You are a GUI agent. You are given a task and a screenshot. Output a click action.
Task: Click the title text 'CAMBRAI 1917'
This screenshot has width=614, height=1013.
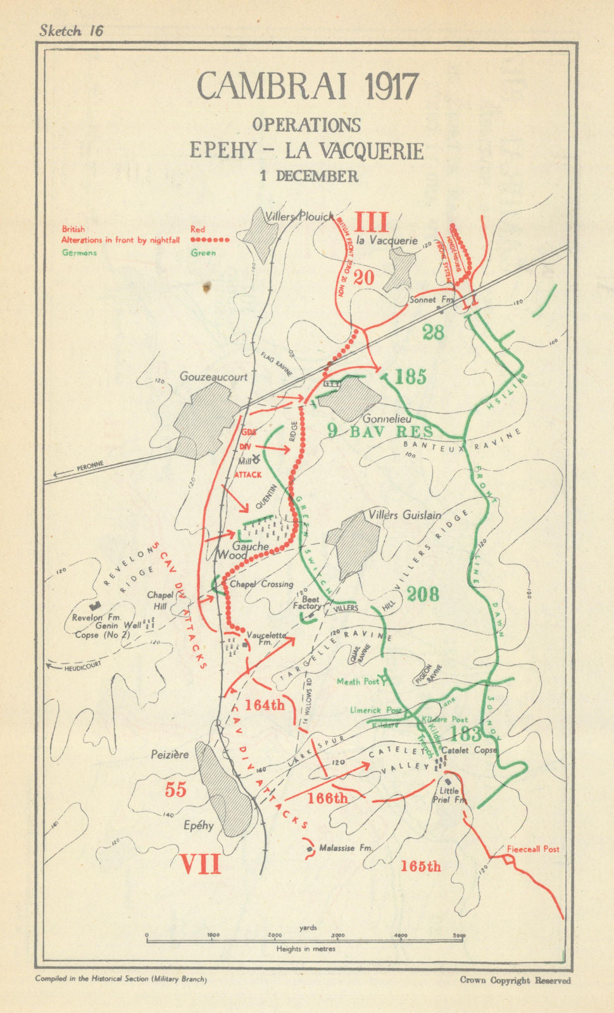point(308,86)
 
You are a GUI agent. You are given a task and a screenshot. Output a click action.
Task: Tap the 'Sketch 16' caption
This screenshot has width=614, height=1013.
point(71,30)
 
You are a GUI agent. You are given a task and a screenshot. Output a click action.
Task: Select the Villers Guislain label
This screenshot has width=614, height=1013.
point(404,515)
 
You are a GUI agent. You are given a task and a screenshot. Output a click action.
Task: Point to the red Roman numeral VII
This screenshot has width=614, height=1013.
point(201,864)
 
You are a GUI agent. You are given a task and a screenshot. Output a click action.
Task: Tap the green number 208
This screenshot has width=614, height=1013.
point(423,594)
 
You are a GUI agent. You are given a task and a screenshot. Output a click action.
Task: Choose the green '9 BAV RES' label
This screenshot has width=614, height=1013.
point(381,432)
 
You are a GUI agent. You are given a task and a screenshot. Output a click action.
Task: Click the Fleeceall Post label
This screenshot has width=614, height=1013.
point(533,849)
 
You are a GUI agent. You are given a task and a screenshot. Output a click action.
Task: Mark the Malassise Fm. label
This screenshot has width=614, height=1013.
point(345,848)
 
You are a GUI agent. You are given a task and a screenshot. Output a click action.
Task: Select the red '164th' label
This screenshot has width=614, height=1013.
point(265,705)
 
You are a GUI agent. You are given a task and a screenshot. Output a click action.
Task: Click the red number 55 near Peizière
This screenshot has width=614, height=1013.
point(175,790)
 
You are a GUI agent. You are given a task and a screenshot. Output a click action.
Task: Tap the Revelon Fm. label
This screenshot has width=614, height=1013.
point(96,618)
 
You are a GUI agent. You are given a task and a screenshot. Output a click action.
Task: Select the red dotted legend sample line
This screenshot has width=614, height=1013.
point(210,241)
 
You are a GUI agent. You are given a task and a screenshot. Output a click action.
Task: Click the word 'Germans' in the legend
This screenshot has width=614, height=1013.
point(79,253)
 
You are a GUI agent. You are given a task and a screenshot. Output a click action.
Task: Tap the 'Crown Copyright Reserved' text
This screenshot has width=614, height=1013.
point(515,980)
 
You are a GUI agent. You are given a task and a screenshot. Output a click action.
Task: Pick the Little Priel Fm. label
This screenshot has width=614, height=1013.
point(449,796)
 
